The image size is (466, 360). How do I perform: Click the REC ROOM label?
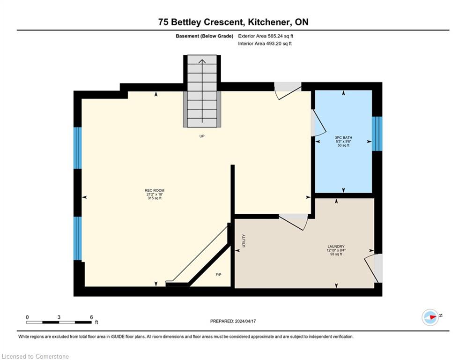pyautogui.click(x=155, y=190)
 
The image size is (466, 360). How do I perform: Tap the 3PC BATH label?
pyautogui.click(x=344, y=137)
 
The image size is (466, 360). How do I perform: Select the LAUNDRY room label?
pyautogui.click(x=336, y=247)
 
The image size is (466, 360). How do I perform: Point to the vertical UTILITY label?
pyautogui.click(x=244, y=240)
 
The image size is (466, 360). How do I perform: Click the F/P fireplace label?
pyautogui.click(x=218, y=275)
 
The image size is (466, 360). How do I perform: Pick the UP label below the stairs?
pyautogui.click(x=202, y=136)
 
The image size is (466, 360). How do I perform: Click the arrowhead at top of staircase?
pyautogui.click(x=202, y=61)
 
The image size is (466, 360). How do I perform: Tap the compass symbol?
pyautogui.click(x=430, y=317)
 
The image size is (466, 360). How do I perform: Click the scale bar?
pyautogui.click(x=59, y=322)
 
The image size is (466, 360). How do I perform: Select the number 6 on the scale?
pyautogui.click(x=91, y=317)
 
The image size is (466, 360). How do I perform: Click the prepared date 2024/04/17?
pyautogui.click(x=245, y=321)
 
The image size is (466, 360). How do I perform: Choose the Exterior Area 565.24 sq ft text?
pyautogui.click(x=266, y=36)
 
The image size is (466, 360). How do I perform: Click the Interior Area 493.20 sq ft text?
pyautogui.click(x=265, y=44)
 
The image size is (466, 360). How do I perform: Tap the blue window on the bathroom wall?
pyautogui.click(x=377, y=134)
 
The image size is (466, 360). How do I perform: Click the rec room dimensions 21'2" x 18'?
pyautogui.click(x=155, y=194)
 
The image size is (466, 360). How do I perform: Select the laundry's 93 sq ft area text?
pyautogui.click(x=336, y=254)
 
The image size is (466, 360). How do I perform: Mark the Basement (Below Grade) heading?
pyautogui.click(x=205, y=36)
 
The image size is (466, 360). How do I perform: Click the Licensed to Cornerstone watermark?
pyautogui.click(x=35, y=356)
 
